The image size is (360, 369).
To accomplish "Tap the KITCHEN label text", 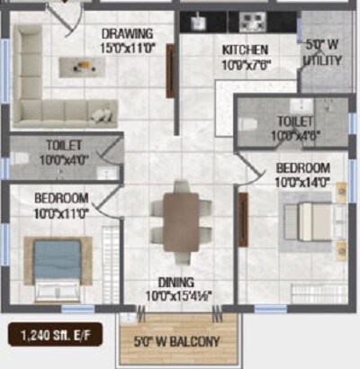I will [x=245, y=49].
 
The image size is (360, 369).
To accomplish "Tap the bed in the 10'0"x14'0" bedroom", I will [x=310, y=220].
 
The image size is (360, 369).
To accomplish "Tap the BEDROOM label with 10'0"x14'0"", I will [x=302, y=168].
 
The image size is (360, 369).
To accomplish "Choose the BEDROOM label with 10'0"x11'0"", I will [x=61, y=197].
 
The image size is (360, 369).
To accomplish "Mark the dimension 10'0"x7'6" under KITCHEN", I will [x=247, y=63].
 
